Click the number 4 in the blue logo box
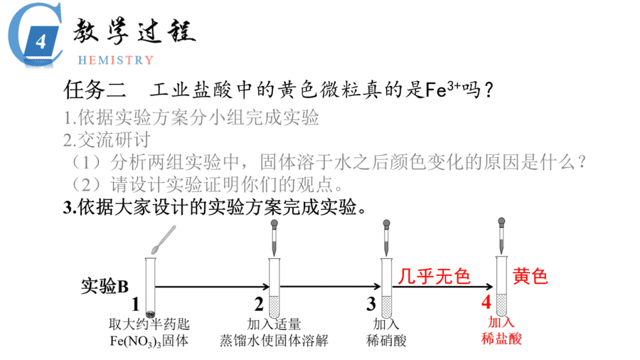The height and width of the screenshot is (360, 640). [41, 42]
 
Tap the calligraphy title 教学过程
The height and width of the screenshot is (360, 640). [134, 31]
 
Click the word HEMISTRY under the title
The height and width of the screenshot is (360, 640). [115, 60]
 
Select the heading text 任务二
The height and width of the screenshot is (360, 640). [95, 90]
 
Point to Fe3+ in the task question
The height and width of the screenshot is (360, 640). [443, 89]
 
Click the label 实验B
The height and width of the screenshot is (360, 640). [105, 286]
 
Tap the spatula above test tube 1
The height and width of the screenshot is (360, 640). [164, 240]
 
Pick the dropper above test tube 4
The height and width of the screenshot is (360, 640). [501, 237]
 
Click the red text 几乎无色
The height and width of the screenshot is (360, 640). [434, 276]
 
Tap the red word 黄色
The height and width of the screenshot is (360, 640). [530, 276]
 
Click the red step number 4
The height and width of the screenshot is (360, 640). [486, 302]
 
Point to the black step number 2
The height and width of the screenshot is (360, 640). [259, 305]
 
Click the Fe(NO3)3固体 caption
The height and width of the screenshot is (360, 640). [149, 341]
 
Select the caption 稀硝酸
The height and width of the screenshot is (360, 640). [386, 340]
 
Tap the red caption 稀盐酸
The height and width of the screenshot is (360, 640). [501, 339]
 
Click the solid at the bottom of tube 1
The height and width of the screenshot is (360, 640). [150, 314]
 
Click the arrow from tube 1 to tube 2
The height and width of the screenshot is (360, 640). [212, 287]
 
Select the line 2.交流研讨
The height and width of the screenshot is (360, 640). [107, 140]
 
